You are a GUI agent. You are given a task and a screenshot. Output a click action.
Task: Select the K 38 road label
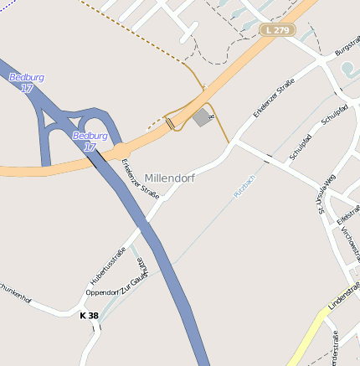pyautogui.click(x=89, y=316)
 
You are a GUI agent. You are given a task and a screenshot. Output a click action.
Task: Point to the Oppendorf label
pyautogui.click(x=102, y=291)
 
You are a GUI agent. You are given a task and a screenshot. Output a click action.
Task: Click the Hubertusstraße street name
pyautogui.click(x=107, y=265)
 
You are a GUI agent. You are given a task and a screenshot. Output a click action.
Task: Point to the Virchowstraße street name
pyautogui.click(x=349, y=244)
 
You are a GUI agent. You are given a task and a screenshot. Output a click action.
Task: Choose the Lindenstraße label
pyautogui.click(x=344, y=298)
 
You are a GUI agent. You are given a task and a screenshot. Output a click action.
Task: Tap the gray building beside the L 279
pyautogui.click(x=202, y=117)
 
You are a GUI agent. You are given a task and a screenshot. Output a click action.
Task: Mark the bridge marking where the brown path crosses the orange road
pyautogui.click(x=171, y=124)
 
